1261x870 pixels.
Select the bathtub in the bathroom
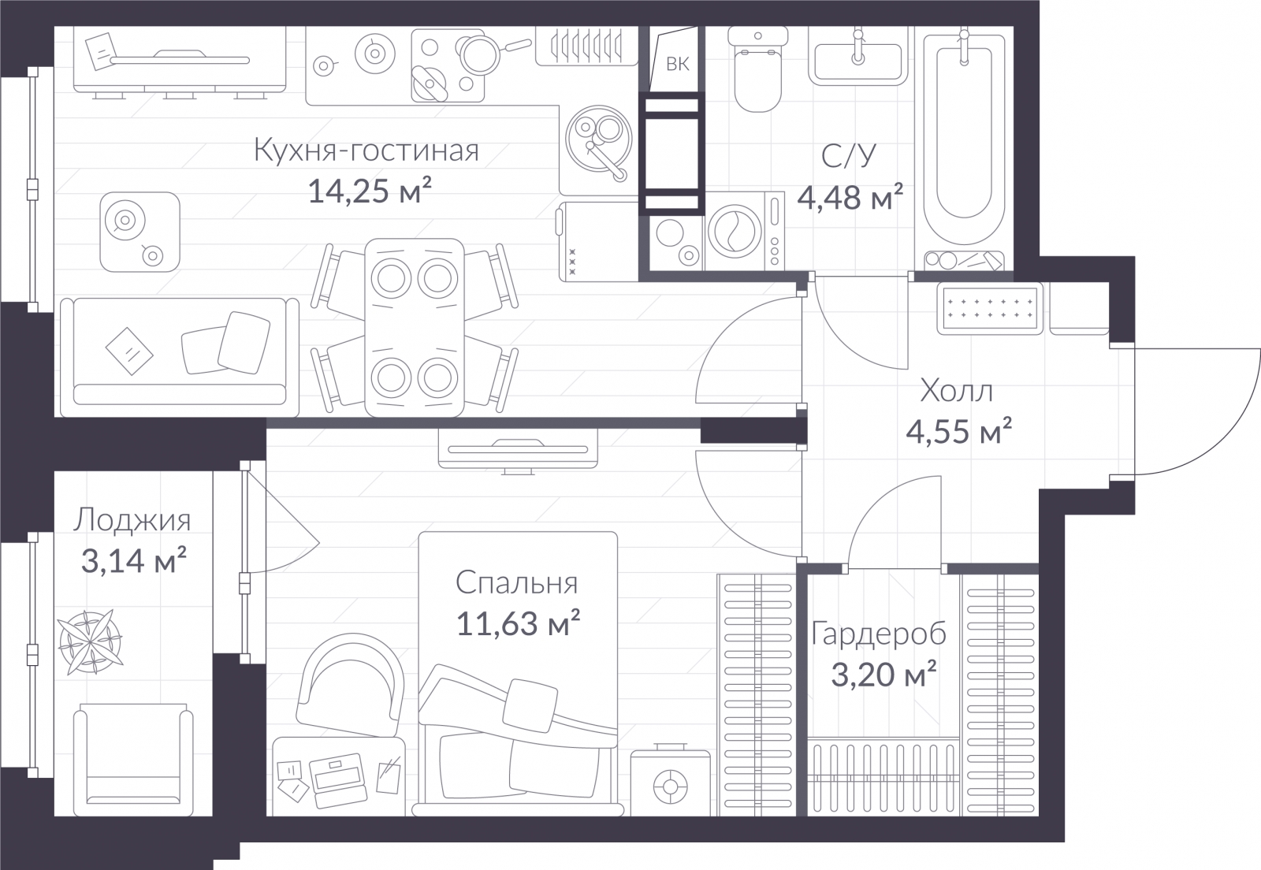(964, 147)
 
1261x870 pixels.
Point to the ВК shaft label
(677, 64)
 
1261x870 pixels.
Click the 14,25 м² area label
(370, 191)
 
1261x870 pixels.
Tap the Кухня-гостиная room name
(366, 151)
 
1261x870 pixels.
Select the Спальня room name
(516, 583)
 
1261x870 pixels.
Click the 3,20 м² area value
(883, 674)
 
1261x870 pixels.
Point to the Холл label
(956, 391)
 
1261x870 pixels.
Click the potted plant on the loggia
(90, 641)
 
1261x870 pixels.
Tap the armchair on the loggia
(133, 759)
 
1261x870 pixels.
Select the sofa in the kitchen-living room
(180, 357)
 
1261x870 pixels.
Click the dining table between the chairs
(415, 328)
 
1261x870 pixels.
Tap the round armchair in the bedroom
(350, 684)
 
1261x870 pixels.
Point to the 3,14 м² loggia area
(134, 560)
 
